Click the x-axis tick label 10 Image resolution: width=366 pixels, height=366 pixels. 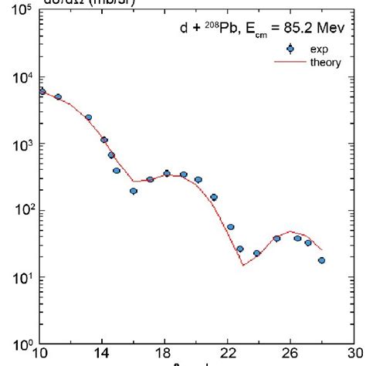pos(42,357)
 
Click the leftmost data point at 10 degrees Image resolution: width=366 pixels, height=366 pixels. pos(42,92)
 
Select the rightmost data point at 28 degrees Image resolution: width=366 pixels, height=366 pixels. pos(321,260)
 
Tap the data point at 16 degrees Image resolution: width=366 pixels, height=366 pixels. pos(134,191)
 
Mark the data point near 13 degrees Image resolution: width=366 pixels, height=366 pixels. pos(89,117)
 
